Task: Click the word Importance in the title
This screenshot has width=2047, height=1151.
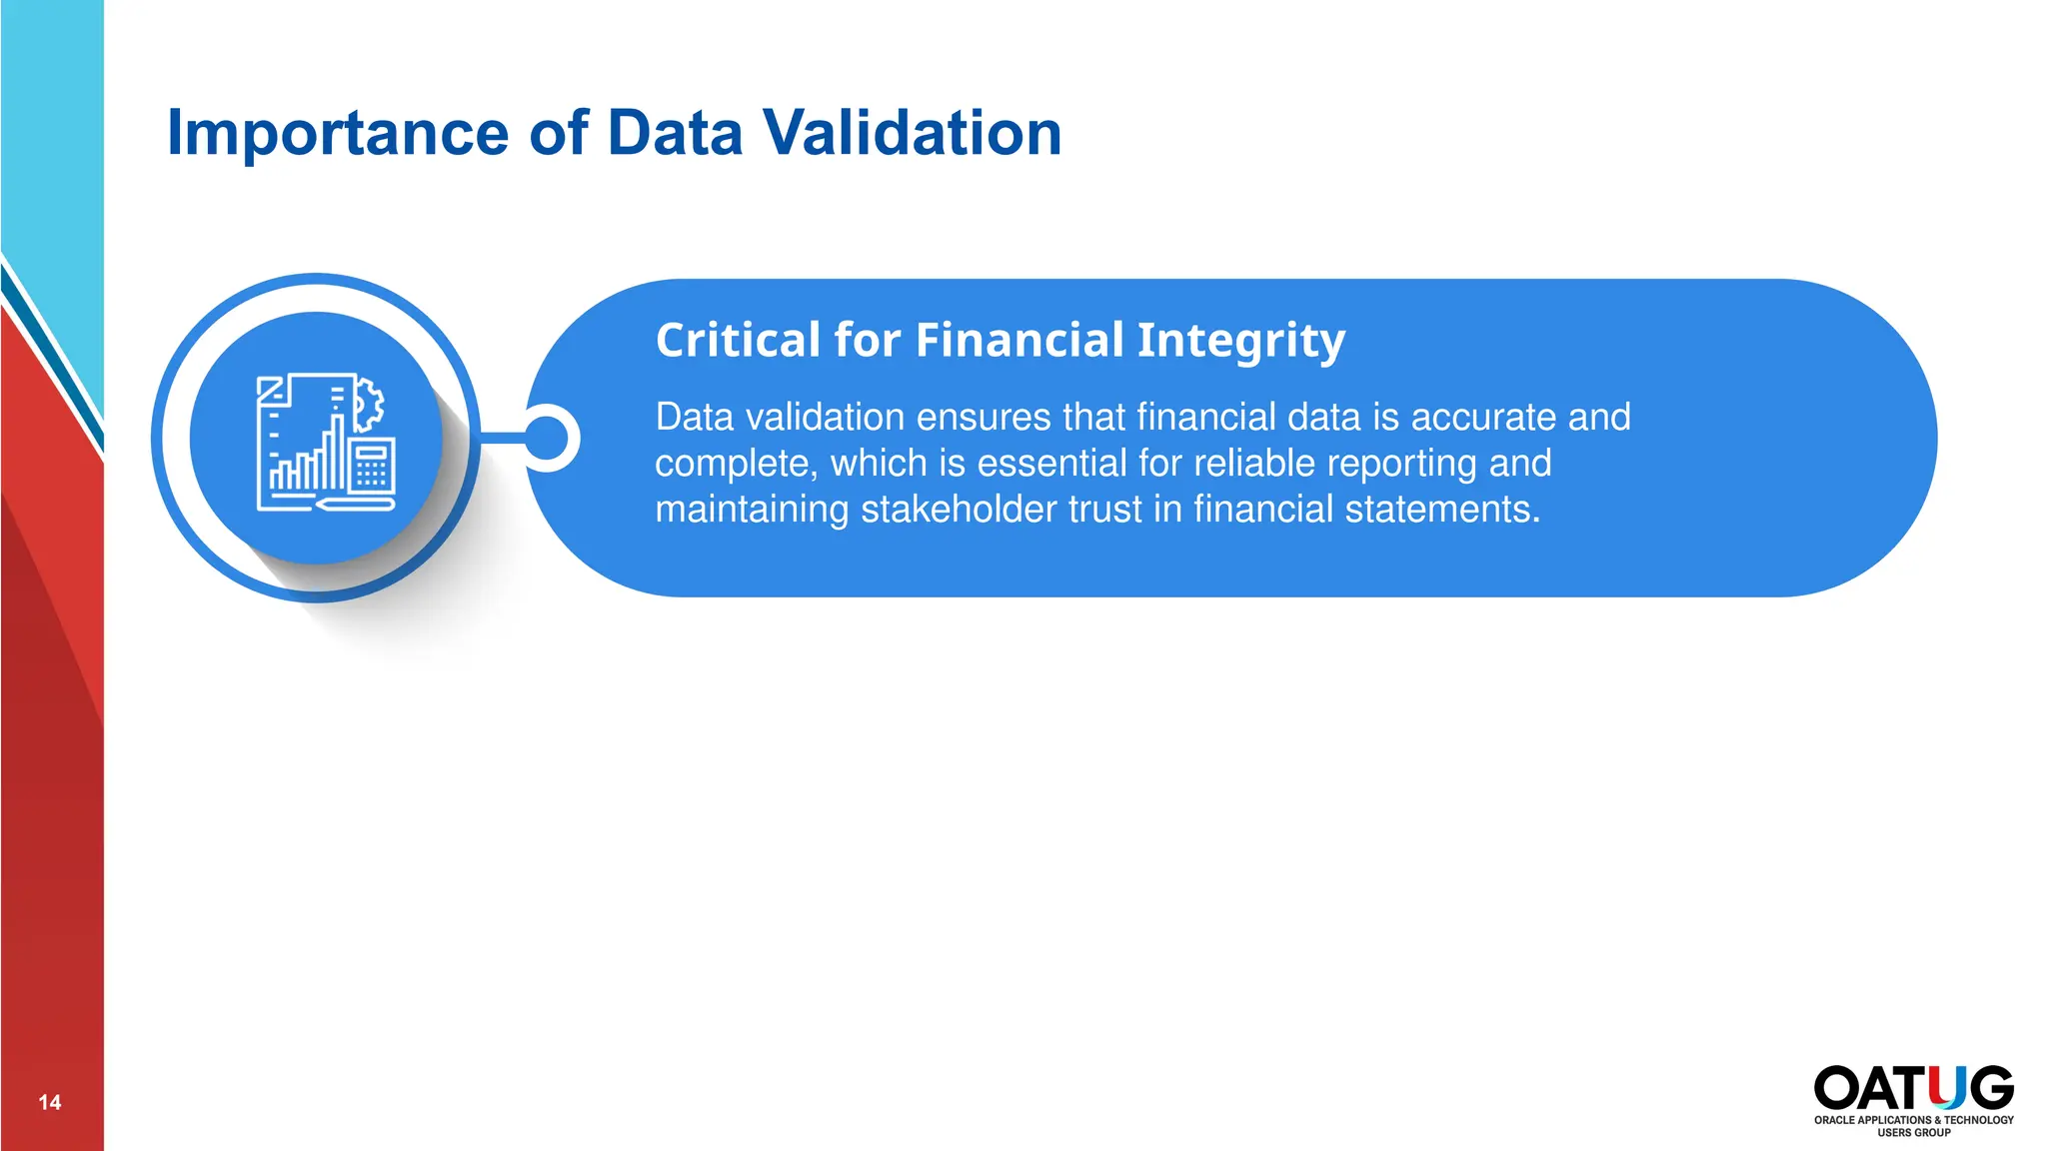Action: pyautogui.click(x=338, y=134)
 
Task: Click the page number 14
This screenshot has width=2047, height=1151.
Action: pyautogui.click(x=50, y=1102)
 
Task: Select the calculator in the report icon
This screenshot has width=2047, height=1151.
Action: pyautogui.click(x=371, y=467)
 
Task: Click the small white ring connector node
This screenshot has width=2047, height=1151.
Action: pyautogui.click(x=547, y=438)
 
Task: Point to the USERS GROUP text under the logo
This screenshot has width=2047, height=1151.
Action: pyautogui.click(x=1913, y=1133)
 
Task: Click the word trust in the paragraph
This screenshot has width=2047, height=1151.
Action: pyautogui.click(x=1105, y=510)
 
